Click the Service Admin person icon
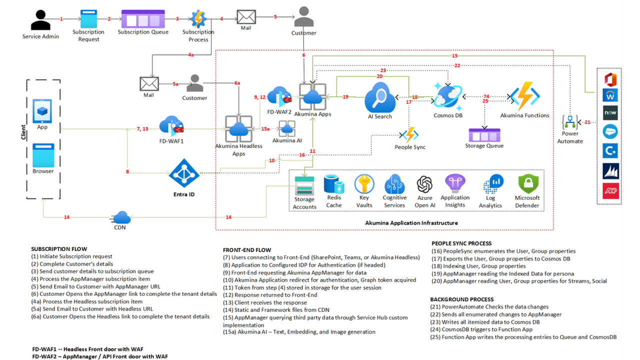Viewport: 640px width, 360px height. coord(40,20)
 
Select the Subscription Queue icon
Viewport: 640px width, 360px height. coord(143,19)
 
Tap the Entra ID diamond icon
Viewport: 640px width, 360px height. coord(184,173)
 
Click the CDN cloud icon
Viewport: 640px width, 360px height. coord(120,217)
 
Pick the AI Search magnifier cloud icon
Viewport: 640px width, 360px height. coord(380,97)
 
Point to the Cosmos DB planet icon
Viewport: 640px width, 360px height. coord(447,96)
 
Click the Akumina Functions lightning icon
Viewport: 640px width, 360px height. coord(525,96)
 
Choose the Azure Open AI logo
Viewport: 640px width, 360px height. coord(424,184)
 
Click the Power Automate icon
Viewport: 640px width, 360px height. coord(570,122)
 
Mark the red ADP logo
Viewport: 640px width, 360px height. coord(611,191)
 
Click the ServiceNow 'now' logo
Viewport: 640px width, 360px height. coord(610,113)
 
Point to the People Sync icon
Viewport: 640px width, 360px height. coord(410,134)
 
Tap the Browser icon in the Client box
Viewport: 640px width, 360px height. coord(43,155)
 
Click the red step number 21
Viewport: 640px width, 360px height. coord(587,122)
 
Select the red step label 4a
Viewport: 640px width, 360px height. coord(191,54)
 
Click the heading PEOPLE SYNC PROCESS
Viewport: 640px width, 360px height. coord(461,243)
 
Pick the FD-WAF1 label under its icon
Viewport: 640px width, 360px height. coord(171,141)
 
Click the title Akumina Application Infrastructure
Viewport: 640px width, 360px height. coord(411,223)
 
